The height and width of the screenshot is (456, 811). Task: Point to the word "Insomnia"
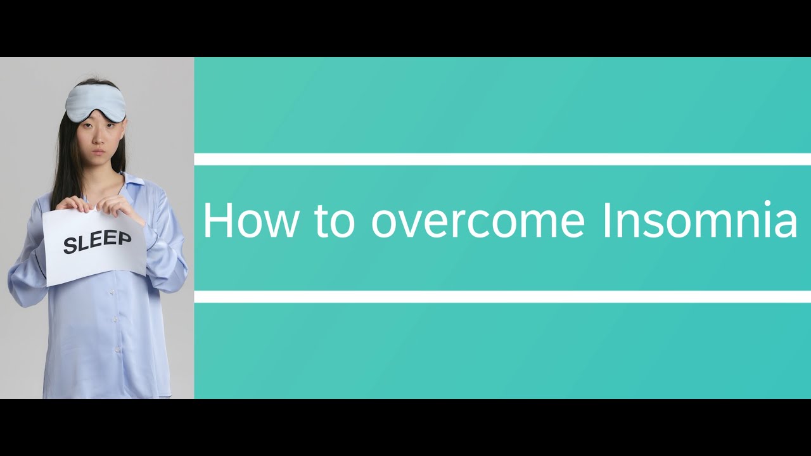coord(699,221)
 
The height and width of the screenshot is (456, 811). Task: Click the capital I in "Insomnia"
coord(606,221)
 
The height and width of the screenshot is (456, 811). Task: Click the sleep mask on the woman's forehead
coord(96,101)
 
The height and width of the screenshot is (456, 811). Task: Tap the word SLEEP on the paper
coord(97,242)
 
